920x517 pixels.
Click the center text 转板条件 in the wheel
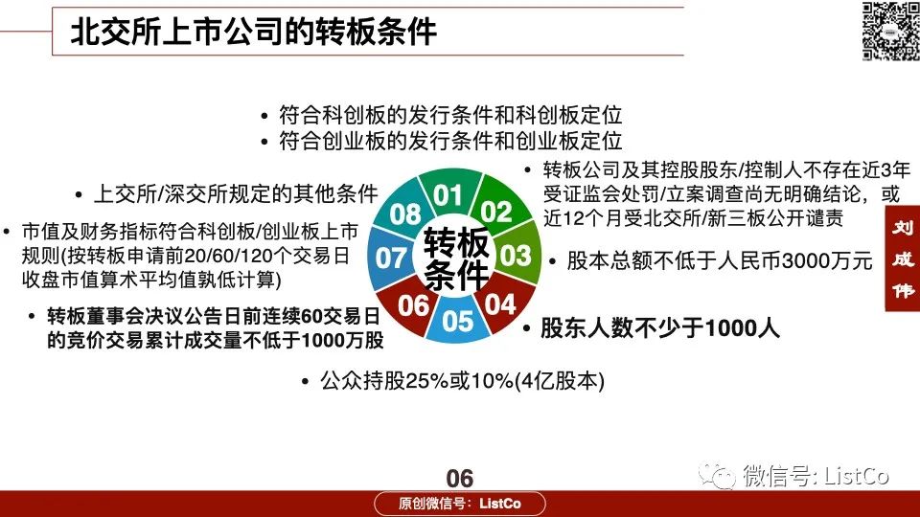[456, 258]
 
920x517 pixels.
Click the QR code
[890, 31]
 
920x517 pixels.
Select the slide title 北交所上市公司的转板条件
[253, 32]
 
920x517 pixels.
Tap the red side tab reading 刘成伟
[903, 258]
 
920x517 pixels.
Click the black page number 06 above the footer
[459, 479]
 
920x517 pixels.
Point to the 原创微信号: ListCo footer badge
[460, 504]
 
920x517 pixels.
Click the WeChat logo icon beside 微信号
[717, 476]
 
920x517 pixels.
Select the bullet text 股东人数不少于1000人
[660, 328]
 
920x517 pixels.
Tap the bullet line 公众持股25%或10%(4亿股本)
[462, 381]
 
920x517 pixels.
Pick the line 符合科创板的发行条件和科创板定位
[450, 115]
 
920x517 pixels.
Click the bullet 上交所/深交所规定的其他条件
[236, 194]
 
